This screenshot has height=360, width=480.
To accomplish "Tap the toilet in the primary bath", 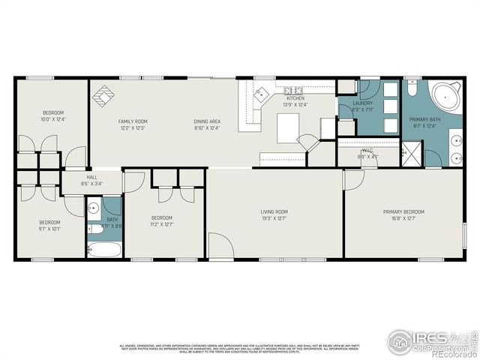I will [412, 89].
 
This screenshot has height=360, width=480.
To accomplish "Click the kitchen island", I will [289, 127].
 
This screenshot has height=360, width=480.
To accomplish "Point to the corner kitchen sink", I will [259, 94].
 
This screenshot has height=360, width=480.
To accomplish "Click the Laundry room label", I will [363, 103].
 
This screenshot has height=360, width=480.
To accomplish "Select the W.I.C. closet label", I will [367, 150].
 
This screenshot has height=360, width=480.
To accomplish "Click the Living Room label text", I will [274, 212].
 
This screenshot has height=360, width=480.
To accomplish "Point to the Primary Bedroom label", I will [403, 212].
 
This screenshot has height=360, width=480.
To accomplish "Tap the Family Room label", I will [133, 121].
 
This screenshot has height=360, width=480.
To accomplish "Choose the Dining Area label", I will [206, 121].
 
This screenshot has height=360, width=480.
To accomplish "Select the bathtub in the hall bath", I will [103, 248].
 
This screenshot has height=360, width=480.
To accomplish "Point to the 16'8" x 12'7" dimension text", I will [403, 219].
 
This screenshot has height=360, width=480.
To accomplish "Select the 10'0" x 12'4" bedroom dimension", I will [53, 119].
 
